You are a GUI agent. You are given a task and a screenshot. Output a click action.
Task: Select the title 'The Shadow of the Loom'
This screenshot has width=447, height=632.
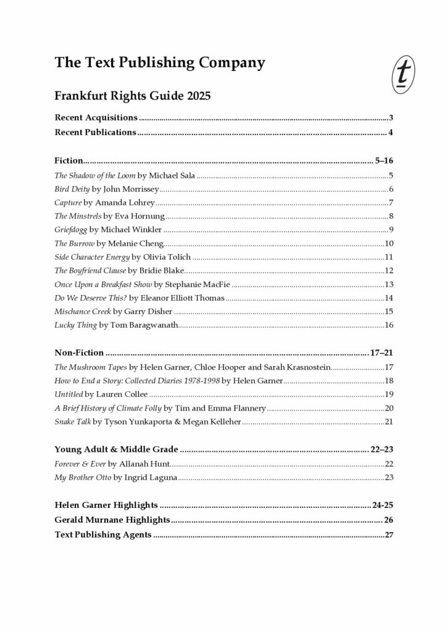[93, 176]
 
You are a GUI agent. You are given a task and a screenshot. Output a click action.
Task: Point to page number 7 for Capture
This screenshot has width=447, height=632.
[391, 202]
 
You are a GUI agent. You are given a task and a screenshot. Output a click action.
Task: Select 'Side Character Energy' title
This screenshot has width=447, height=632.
[91, 257]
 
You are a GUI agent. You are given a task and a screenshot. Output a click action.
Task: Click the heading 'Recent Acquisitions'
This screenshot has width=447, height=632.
[96, 117]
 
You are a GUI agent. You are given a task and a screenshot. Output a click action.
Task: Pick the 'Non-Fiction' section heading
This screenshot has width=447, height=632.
[79, 353]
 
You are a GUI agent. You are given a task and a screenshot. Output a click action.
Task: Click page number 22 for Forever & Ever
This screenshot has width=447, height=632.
[389, 464]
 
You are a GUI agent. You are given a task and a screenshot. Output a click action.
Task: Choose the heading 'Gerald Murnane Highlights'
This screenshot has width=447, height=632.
[112, 520]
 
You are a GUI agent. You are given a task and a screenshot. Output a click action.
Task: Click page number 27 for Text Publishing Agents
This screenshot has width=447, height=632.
[389, 535]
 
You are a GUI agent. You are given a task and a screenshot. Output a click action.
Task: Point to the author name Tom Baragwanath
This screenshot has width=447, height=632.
[144, 325]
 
